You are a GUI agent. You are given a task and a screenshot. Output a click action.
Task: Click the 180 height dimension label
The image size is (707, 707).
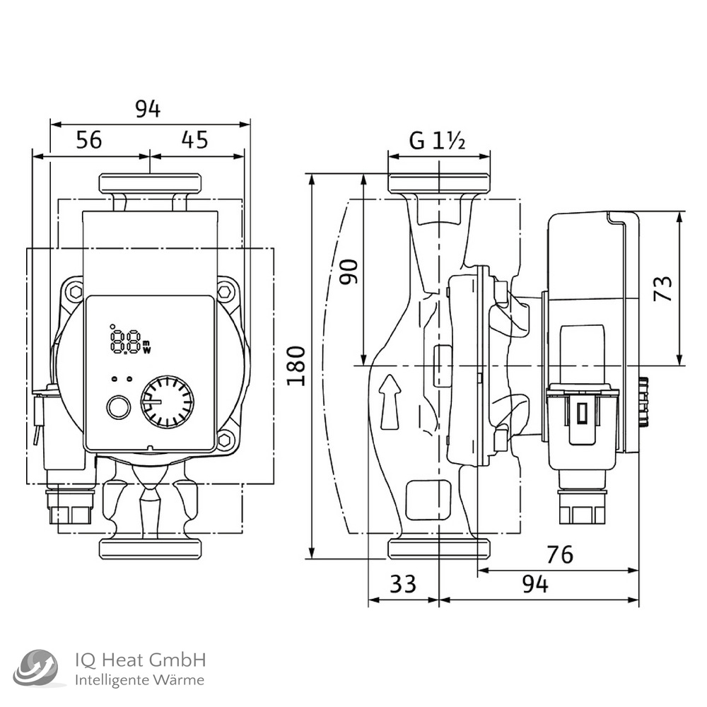[297, 366]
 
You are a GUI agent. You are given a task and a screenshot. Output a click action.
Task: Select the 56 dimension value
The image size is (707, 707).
[89, 140]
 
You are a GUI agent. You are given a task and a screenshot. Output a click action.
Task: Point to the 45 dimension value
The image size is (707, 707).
[194, 140]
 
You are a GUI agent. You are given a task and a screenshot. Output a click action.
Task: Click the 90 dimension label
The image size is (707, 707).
[349, 271]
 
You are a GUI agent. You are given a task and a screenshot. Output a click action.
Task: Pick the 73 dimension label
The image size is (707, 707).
[662, 288]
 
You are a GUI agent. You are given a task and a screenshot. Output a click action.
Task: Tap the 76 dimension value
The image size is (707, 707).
[559, 555]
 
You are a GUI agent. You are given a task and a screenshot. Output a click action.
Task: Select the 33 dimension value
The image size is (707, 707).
[403, 584]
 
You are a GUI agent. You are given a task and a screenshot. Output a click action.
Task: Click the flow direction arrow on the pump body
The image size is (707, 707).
[390, 402]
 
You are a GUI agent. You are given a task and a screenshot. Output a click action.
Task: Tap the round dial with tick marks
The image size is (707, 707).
[167, 401]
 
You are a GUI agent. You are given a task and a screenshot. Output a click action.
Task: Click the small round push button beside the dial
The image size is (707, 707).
[117, 408]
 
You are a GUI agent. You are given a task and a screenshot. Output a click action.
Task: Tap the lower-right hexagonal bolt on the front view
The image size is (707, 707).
[225, 440]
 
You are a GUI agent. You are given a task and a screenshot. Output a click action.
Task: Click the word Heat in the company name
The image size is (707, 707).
[124, 661]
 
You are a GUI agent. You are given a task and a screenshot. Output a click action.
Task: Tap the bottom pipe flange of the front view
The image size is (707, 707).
[151, 547]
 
